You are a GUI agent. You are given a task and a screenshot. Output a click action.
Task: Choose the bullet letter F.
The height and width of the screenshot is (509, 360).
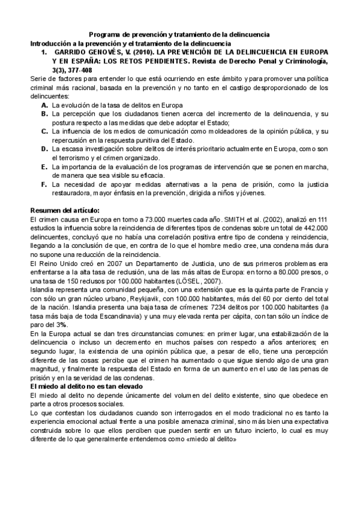[x=45, y=184]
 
